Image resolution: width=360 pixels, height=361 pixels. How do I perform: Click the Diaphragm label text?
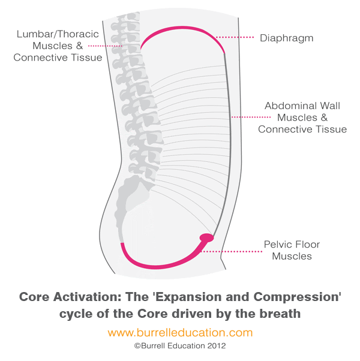(x=286, y=38)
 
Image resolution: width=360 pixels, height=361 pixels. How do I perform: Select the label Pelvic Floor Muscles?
(x=292, y=250)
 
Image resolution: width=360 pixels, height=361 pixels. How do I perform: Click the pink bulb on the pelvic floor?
(x=206, y=238)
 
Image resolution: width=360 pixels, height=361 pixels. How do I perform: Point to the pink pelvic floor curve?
(x=159, y=264)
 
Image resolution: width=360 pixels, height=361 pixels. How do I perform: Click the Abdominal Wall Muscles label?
(x=302, y=117)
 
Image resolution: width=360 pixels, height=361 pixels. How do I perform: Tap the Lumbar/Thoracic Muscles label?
(x=58, y=46)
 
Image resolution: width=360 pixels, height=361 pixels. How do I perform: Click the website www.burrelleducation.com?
(x=180, y=332)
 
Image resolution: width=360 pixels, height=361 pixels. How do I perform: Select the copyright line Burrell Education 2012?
(x=180, y=345)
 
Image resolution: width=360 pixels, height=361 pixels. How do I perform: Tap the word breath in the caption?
(x=280, y=313)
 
